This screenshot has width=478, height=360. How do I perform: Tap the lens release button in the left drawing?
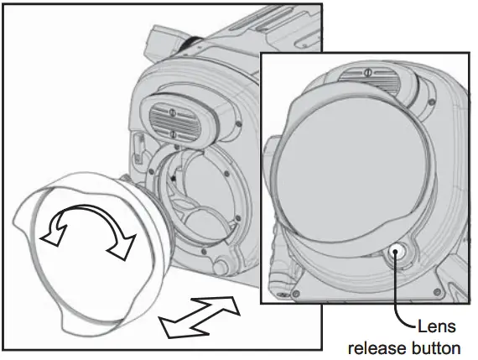[x=223, y=267]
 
